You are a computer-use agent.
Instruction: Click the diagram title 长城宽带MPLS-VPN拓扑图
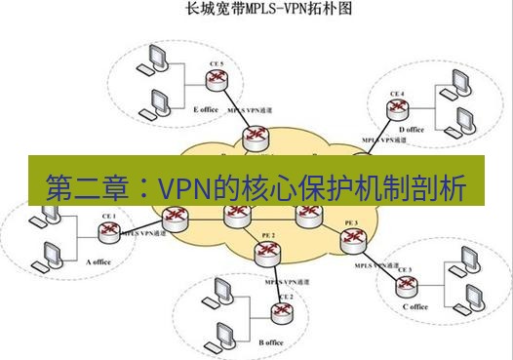pos(256,13)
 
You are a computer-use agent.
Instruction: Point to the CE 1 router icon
pos(108,232)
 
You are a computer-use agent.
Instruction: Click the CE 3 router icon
pos(403,283)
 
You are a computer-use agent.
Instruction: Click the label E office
pos(207,110)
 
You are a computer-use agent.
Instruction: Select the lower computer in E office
pos(159,101)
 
